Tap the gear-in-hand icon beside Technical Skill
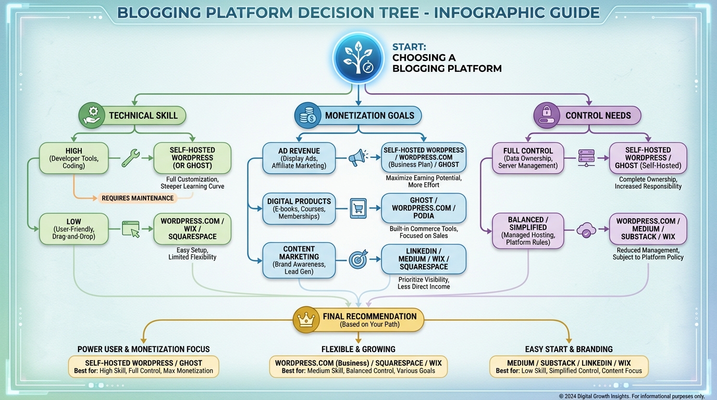click(92, 116)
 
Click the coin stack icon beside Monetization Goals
click(307, 116)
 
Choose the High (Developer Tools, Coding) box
click(74, 158)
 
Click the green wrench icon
click(130, 158)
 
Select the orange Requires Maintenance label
click(138, 198)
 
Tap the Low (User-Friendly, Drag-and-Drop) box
click(74, 229)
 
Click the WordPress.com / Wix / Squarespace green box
click(192, 229)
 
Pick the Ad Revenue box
click(299, 158)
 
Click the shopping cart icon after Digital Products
click(358, 208)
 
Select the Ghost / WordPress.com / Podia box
click(424, 208)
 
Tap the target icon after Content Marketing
click(358, 259)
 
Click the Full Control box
click(528, 158)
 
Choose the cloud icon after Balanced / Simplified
click(586, 230)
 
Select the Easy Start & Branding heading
click(568, 349)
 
